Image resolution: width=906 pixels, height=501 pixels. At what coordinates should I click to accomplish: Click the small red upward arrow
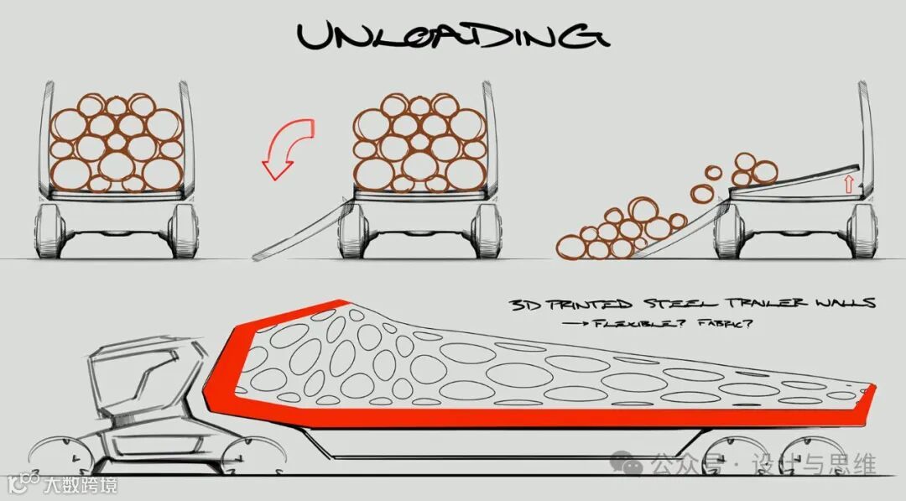[848, 183]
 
